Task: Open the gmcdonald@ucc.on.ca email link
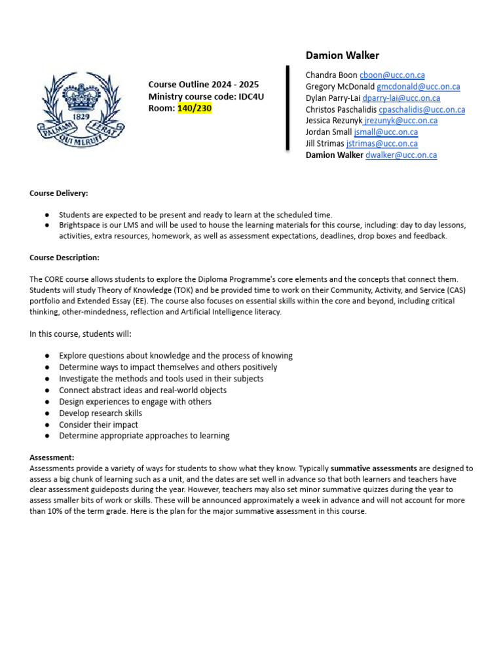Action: [x=418, y=86]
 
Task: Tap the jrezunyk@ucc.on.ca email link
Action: [x=401, y=121]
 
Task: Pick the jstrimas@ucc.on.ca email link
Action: [x=382, y=144]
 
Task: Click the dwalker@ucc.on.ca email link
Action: [x=401, y=155]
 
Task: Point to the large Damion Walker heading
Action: [x=343, y=56]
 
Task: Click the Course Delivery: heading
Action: [x=59, y=193]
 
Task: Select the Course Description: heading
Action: [x=64, y=258]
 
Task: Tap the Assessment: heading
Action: [x=52, y=457]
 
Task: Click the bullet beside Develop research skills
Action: [x=48, y=413]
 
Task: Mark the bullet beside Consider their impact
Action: [x=48, y=425]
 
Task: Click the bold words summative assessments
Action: [x=373, y=469]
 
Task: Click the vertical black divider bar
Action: [x=288, y=108]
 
